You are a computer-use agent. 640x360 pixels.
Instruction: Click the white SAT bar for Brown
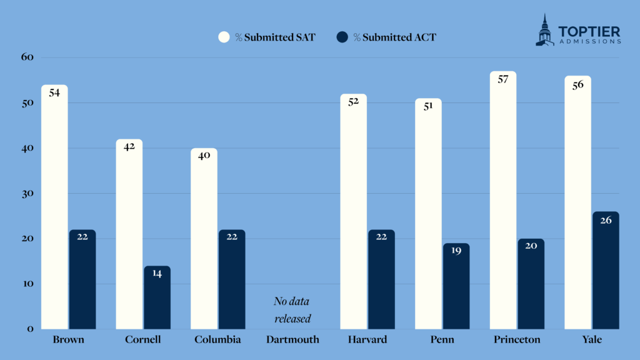[x=54, y=206]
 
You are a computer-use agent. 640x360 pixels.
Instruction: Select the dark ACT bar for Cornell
[x=157, y=297]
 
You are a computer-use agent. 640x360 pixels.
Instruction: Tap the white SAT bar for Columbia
[x=204, y=238]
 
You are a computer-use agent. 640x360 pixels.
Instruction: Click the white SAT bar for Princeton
[x=503, y=200]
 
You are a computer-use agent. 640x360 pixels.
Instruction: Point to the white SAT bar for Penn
[x=428, y=213]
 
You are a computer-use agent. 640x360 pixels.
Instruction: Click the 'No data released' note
[x=292, y=310]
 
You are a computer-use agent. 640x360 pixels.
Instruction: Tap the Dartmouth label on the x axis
[x=292, y=340]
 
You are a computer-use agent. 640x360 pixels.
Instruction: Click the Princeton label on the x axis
[x=516, y=340]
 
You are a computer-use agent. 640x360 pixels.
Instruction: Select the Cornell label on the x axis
[x=142, y=340]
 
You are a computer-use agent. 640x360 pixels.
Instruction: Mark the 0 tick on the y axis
[x=28, y=329]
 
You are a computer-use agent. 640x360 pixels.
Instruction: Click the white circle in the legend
[x=224, y=37]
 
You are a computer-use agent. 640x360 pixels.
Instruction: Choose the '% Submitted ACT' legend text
[x=394, y=37]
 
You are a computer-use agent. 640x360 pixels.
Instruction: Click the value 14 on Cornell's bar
[x=157, y=274]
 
